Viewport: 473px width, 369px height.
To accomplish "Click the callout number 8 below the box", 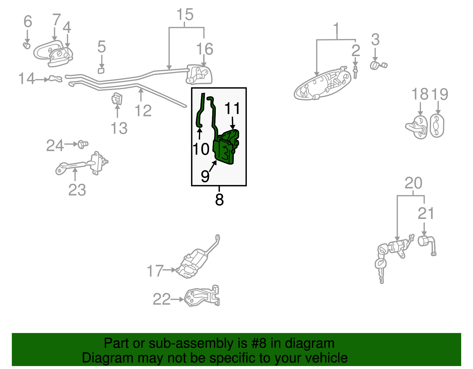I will click(219, 200).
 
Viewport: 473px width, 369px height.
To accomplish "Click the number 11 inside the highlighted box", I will click(232, 108).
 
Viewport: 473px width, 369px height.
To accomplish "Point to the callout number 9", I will click(205, 176).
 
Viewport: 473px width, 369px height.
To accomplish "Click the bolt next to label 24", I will click(82, 144).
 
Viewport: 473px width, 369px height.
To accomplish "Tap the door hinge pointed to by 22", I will click(203, 296).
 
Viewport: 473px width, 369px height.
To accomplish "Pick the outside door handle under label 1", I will click(322, 84).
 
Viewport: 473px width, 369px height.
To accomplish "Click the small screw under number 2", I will click(355, 72).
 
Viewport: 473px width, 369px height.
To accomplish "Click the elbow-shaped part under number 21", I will click(427, 244).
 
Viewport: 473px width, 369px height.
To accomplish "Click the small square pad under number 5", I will click(101, 71).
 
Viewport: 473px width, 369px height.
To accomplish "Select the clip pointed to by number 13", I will click(117, 99).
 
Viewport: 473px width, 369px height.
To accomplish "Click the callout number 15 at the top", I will click(185, 15).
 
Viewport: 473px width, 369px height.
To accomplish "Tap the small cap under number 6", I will click(27, 45).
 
